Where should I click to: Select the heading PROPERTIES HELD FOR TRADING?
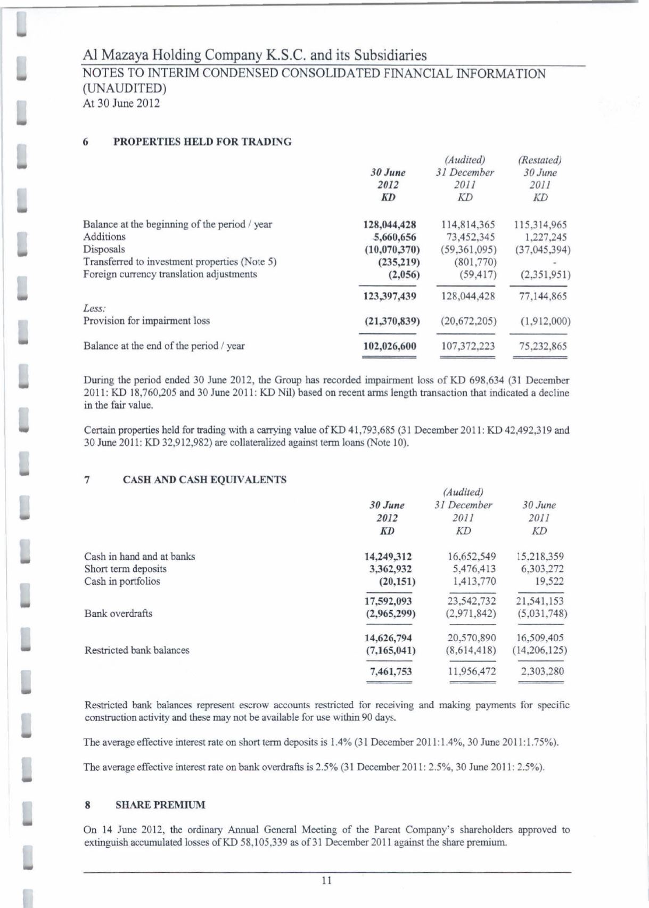[x=203, y=142]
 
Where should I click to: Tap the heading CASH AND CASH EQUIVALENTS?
[x=204, y=479]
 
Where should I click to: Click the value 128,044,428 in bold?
[x=389, y=225]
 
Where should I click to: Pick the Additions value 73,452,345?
[x=468, y=237]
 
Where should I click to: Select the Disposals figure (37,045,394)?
[x=540, y=249]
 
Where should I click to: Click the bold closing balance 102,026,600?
[x=389, y=346]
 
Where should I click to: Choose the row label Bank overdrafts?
[x=118, y=613]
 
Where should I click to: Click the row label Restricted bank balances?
[x=137, y=650]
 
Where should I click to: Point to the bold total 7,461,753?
[x=391, y=671]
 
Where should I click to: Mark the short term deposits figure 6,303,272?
[x=540, y=569]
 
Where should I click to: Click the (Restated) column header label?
[x=540, y=160]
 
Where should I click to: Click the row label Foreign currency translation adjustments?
[x=170, y=274]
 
